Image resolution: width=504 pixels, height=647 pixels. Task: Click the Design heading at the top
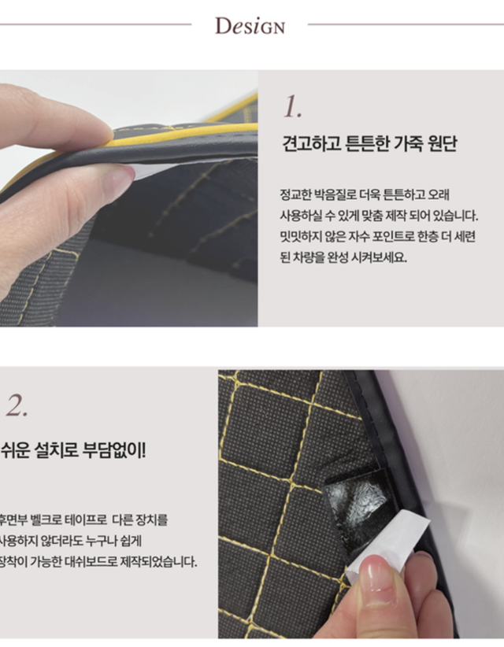(x=250, y=25)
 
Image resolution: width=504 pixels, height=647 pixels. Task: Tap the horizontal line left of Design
(x=94, y=24)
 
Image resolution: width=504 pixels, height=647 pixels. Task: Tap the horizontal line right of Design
(x=405, y=24)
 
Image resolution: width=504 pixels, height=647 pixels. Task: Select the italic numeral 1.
(x=291, y=107)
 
